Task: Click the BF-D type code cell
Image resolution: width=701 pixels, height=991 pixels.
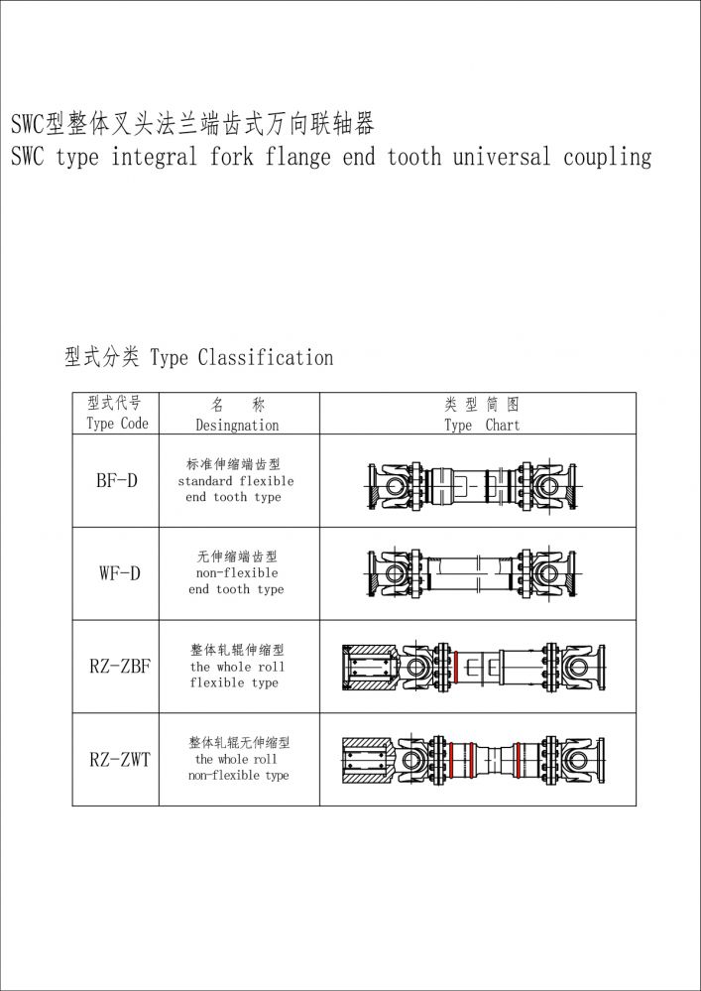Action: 116,481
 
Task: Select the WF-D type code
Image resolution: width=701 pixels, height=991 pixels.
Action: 119,573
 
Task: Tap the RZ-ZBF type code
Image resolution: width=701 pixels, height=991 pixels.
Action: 119,667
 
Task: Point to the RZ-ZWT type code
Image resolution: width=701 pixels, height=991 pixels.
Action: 119,760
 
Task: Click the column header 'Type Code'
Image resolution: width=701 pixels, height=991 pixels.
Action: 116,424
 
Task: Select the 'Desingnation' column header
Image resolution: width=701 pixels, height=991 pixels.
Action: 237,425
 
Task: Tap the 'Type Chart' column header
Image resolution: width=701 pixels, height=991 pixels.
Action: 481,425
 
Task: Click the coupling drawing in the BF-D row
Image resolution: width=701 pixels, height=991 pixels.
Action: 477,484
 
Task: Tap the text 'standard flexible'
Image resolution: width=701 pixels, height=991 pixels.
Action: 236,481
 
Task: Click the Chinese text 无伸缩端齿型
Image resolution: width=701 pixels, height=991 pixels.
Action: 236,557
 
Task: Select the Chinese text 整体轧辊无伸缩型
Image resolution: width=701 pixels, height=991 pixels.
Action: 238,742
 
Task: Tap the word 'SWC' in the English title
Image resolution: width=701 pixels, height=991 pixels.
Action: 28,157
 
